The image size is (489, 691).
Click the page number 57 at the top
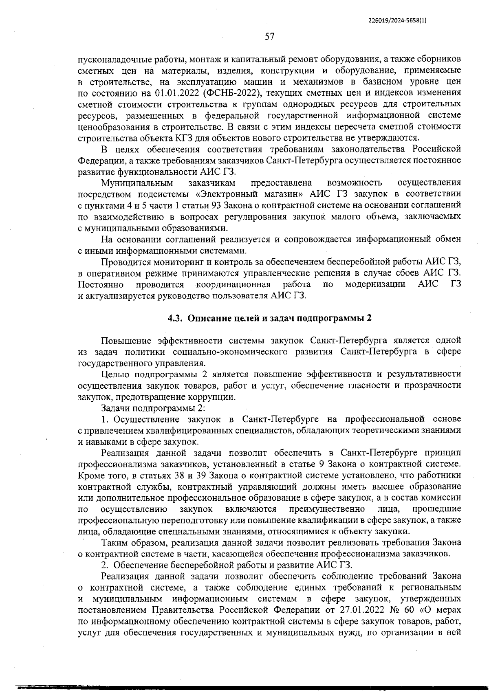[269, 37]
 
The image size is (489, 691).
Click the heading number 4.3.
[176, 318]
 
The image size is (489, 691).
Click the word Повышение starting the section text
[126, 340]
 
